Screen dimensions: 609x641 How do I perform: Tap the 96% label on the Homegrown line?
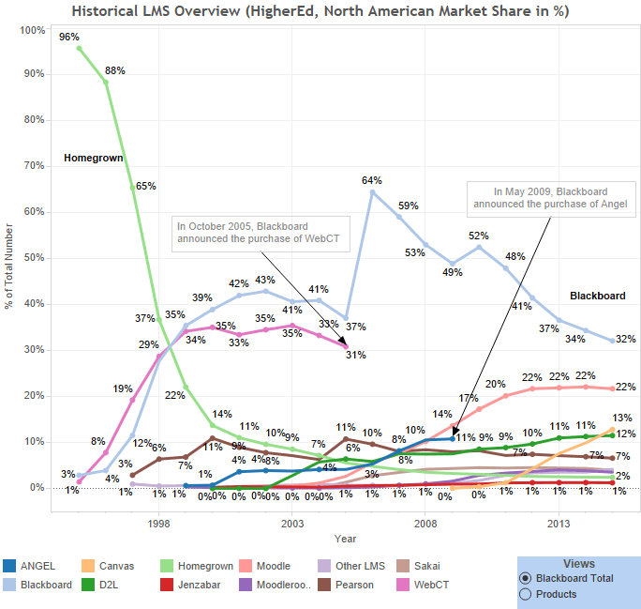pyautogui.click(x=68, y=38)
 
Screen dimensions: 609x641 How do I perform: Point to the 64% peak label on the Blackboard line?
pyautogui.click(x=372, y=180)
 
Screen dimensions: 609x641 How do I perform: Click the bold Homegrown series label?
pyautogui.click(x=93, y=159)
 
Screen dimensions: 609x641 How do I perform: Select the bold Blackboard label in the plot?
pyautogui.click(x=597, y=296)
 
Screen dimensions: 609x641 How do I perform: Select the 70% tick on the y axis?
pyautogui.click(x=33, y=166)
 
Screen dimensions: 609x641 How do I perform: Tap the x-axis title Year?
pyautogui.click(x=345, y=538)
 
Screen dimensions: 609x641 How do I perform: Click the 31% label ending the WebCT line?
pyautogui.click(x=355, y=355)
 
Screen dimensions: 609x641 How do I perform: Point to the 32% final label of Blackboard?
pyautogui.click(x=626, y=340)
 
